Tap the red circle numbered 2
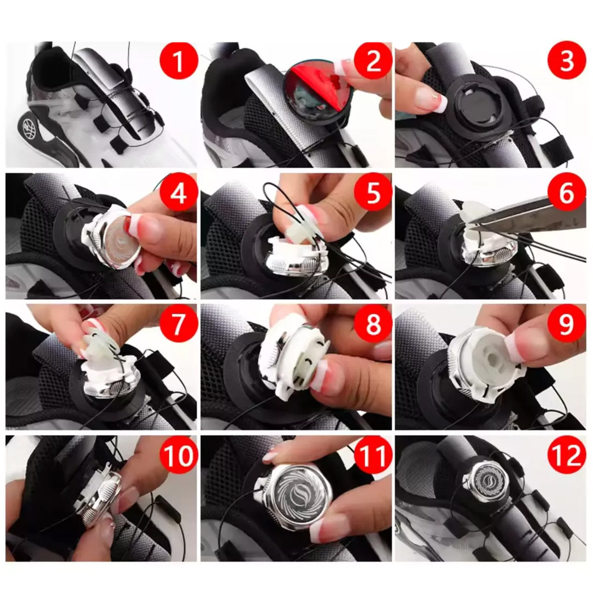373,61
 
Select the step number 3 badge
567,61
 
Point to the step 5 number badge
373,193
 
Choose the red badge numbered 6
567,193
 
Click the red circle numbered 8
373,324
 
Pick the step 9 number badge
567,324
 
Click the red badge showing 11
373,456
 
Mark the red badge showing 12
567,456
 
